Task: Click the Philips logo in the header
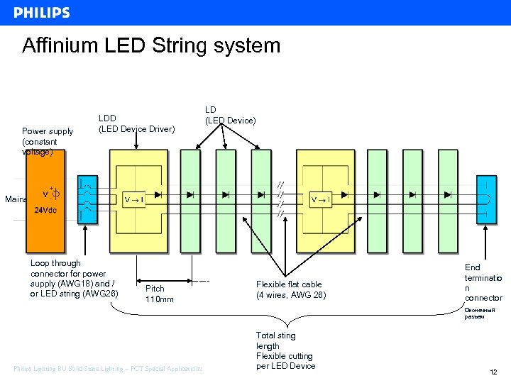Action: (x=42, y=13)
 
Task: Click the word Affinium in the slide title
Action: (x=60, y=47)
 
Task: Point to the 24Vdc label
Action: (x=46, y=211)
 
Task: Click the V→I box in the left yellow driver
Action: (x=133, y=200)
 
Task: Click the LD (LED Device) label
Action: (x=230, y=116)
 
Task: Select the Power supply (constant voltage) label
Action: (x=48, y=141)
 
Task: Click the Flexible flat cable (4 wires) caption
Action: (x=291, y=289)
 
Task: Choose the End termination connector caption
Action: (x=483, y=282)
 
